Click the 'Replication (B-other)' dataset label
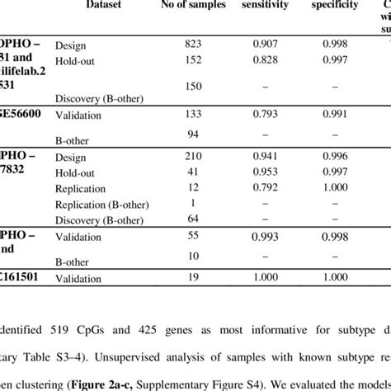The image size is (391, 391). coord(101,203)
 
